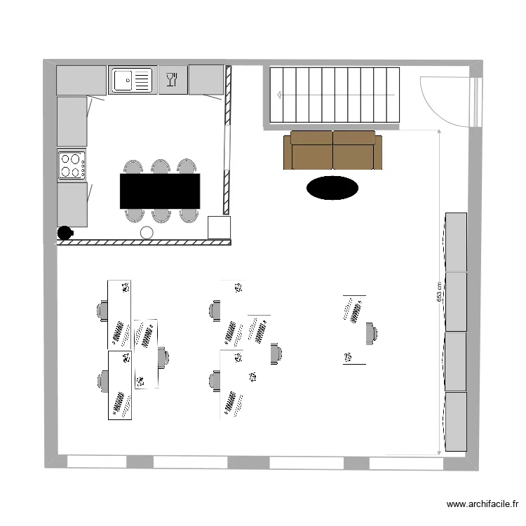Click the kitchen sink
[x=131, y=80]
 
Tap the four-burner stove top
[x=72, y=166]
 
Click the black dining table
[x=160, y=191]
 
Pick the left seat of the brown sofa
[x=311, y=151]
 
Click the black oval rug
[x=332, y=187]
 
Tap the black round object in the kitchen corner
[x=65, y=232]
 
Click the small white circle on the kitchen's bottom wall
[x=147, y=233]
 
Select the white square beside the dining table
[x=220, y=227]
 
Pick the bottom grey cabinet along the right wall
[x=456, y=421]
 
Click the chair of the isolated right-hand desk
[x=371, y=332]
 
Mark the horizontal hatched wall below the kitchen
[x=144, y=243]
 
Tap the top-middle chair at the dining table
[x=161, y=167]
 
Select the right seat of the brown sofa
[x=356, y=151]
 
